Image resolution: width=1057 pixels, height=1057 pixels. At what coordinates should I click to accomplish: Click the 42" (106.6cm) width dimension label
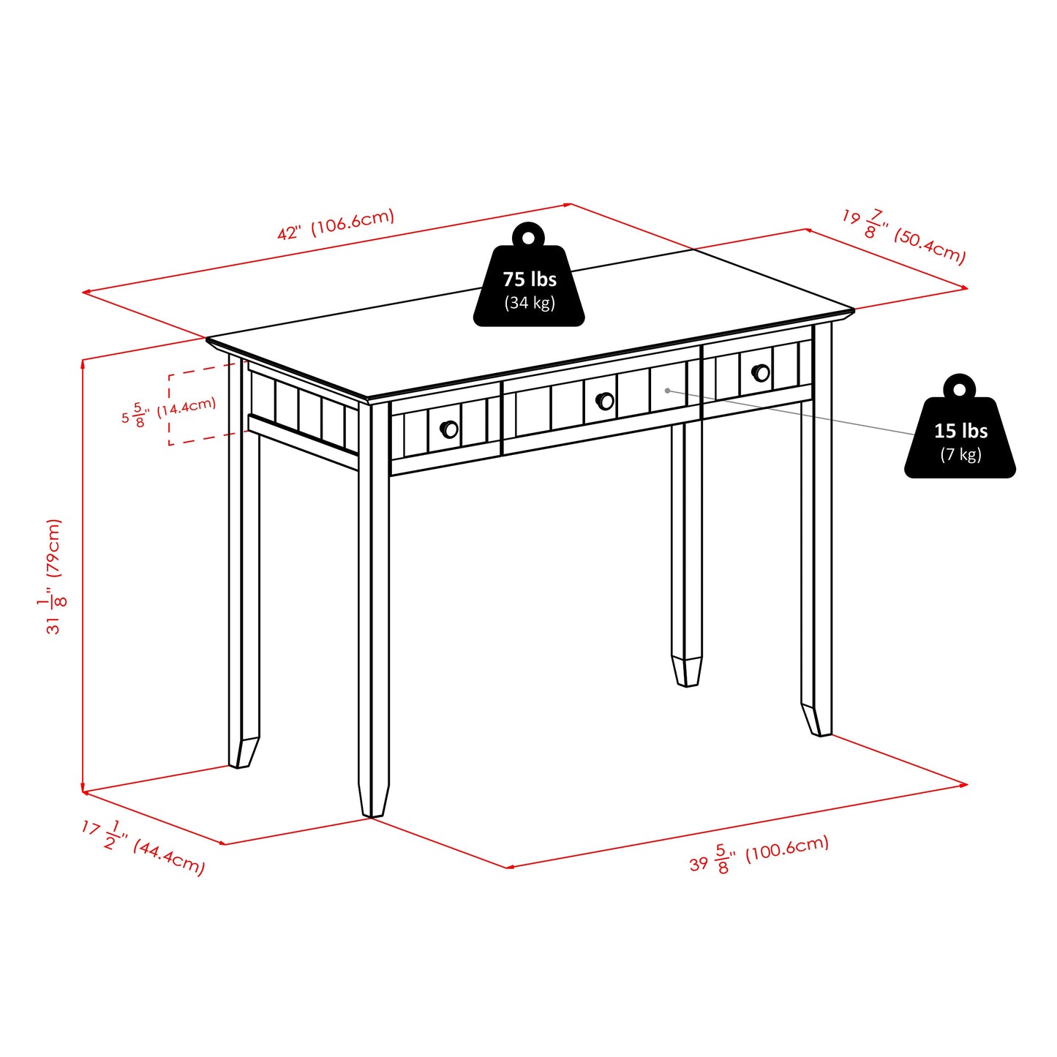pos(336,224)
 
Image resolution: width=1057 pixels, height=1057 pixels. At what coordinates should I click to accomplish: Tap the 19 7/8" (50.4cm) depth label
pos(904,236)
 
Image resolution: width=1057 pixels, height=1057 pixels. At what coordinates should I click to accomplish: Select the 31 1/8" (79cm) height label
pos(54,576)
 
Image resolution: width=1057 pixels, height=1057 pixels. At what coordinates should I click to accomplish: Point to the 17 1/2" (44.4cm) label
pos(143,846)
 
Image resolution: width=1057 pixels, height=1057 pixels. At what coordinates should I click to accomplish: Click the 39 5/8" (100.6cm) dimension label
pos(759,854)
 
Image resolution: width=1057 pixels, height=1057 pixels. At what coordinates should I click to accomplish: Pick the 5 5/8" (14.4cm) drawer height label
pos(169,412)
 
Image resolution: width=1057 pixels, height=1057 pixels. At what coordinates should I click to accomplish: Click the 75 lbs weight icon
pos(529,282)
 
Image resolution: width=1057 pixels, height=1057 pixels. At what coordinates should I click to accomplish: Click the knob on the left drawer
pos(449,429)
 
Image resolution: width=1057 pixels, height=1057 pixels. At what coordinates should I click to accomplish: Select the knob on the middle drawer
pos(605,401)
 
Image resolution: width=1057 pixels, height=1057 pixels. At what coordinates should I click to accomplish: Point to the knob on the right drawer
pos(761,372)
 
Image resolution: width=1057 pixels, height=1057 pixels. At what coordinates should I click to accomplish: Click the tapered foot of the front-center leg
pos(373,801)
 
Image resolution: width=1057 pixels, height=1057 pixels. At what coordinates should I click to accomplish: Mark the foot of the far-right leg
pos(816,721)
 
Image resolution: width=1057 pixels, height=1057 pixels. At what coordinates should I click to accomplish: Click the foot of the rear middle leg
pos(686,672)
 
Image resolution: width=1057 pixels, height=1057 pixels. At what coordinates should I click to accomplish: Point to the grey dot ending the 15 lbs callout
pos(667,391)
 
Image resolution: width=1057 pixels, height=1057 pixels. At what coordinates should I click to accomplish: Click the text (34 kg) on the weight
pos(529,303)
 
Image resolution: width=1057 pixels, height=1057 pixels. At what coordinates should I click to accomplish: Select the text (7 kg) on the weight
pos(960,455)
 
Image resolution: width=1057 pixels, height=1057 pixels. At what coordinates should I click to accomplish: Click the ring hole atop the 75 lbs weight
pos(529,236)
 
